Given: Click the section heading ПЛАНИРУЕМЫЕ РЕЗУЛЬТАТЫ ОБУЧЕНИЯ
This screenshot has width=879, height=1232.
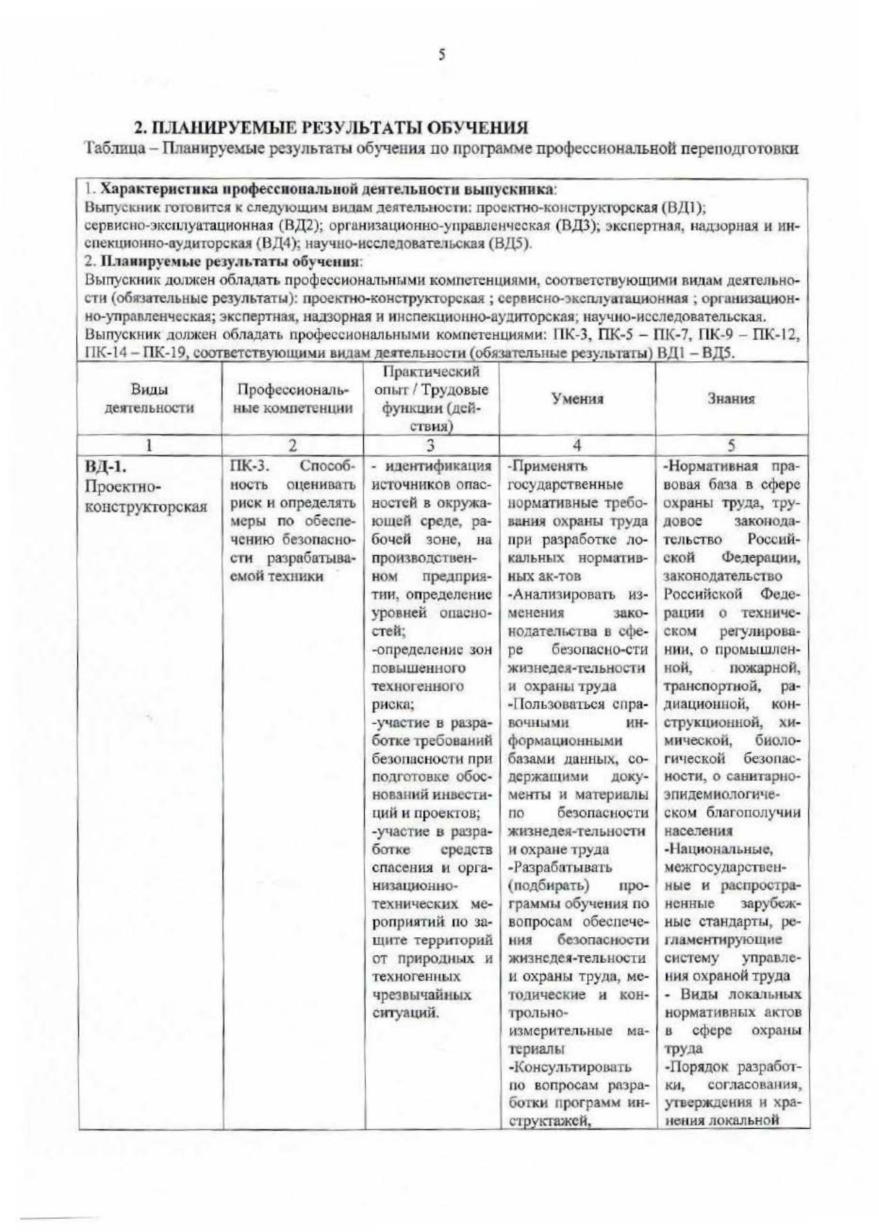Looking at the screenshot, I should click(x=331, y=127).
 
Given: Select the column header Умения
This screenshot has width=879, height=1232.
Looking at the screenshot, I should click(x=577, y=399).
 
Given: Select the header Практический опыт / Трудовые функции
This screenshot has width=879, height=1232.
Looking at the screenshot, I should click(x=430, y=399).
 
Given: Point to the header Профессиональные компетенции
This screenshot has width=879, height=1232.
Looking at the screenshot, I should click(x=293, y=399).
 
